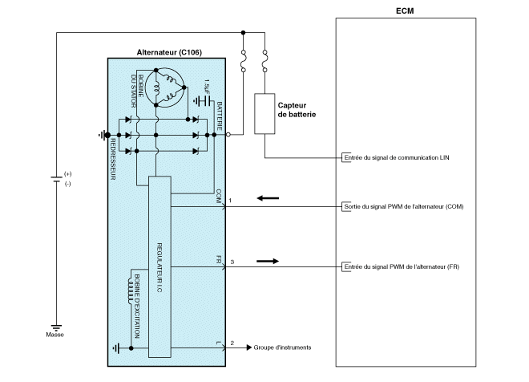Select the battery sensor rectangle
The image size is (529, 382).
click(264, 113)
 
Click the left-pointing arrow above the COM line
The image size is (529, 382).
click(269, 197)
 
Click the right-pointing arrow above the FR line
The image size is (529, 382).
click(269, 260)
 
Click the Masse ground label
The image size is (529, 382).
click(55, 334)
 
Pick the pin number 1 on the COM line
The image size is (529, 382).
click(231, 199)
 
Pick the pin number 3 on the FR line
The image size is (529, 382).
click(231, 262)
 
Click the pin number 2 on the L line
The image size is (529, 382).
click(231, 343)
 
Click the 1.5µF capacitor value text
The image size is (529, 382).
click(207, 84)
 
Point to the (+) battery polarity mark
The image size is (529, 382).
click(67, 173)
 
